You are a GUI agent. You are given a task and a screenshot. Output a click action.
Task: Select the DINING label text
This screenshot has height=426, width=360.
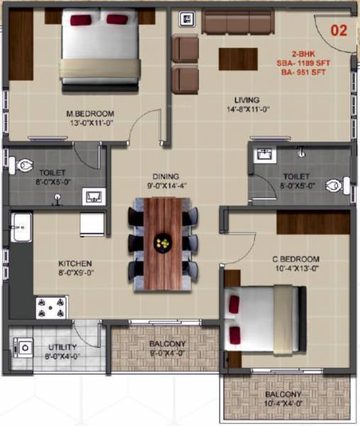pos(165,176)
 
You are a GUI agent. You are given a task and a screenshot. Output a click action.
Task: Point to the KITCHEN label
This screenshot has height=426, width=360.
pos(75,263)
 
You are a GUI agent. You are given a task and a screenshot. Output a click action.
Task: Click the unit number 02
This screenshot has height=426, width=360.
pos(337,31)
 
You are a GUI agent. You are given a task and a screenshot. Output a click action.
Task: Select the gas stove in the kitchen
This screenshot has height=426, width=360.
pos(52,307)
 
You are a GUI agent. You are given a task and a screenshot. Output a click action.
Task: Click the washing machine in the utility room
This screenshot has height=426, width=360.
pos(25,347)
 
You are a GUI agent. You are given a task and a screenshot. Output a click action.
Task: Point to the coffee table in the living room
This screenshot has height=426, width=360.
pos(238,58)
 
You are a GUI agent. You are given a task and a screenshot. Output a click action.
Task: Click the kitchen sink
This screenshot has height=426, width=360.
pos(18,229)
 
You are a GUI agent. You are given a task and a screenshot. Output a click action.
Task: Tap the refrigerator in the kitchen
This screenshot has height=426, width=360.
pos(92,224)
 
